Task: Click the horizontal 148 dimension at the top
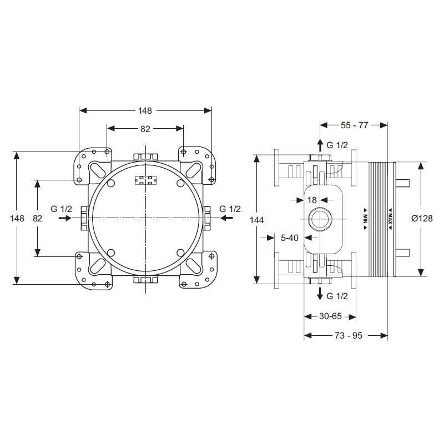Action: pos(145,110)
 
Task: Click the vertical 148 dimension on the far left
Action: pos(17,218)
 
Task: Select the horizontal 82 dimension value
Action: pos(145,129)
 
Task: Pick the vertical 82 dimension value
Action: pos(37,218)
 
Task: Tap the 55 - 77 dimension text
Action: pos(354,125)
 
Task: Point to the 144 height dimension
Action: pos(256,220)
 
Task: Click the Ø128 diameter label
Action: pos(422,218)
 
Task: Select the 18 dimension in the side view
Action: pos(312,200)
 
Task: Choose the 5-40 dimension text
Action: pos(290,238)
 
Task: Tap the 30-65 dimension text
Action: pos(330,316)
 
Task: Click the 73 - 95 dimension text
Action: pos(349,336)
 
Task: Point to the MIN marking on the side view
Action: pos(365,215)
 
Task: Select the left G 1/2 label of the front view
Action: pos(62,209)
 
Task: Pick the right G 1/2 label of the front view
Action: pos(230,209)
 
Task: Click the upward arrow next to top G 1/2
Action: pos(320,146)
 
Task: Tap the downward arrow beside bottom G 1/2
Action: pos(320,293)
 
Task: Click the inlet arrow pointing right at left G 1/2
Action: pos(65,218)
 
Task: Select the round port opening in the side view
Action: pos(320,219)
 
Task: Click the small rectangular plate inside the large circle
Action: pos(146,180)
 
